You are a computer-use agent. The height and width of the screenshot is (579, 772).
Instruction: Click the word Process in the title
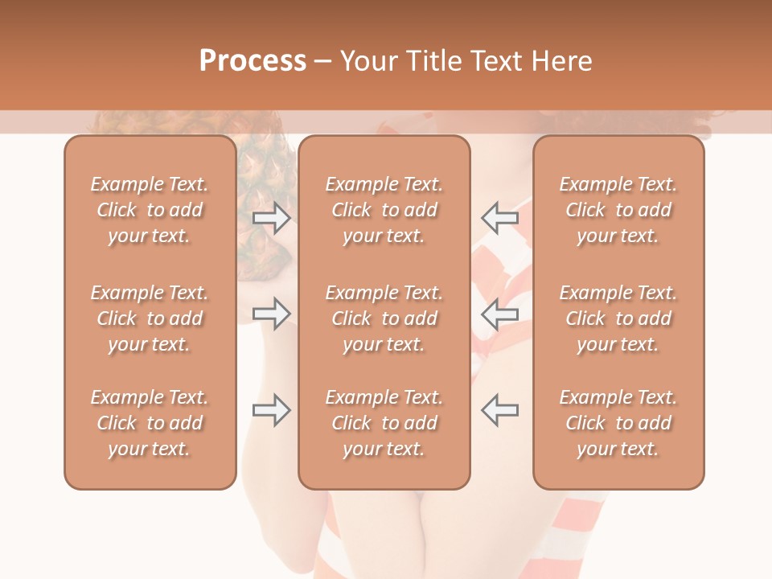coord(253,61)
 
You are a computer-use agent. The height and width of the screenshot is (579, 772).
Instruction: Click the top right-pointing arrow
coord(271,217)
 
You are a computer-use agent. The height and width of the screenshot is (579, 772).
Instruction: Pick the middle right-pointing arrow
coord(271,314)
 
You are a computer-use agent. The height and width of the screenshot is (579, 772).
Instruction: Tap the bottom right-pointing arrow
coord(271,410)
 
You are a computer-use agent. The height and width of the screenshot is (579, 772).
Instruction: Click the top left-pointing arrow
coord(499,217)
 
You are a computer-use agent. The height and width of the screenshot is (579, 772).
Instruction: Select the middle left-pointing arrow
coord(499,314)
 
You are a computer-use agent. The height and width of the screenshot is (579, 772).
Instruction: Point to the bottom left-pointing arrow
coord(499,410)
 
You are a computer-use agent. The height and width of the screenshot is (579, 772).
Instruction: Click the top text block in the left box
coord(150,210)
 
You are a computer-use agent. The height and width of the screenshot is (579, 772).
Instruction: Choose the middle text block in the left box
coord(150,318)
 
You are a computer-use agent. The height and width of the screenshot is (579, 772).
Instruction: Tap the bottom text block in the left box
coord(150,423)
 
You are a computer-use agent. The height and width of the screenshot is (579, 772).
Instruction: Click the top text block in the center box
coord(384,210)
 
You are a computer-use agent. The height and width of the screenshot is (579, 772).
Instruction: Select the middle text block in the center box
coord(384,318)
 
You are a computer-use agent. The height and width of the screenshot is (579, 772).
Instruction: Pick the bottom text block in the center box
coord(384,423)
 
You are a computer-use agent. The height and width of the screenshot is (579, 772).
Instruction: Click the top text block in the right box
coord(618,210)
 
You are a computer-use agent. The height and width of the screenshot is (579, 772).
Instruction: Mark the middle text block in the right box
coord(618,318)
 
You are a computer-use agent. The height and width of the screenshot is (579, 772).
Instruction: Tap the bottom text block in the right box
coord(618,423)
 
